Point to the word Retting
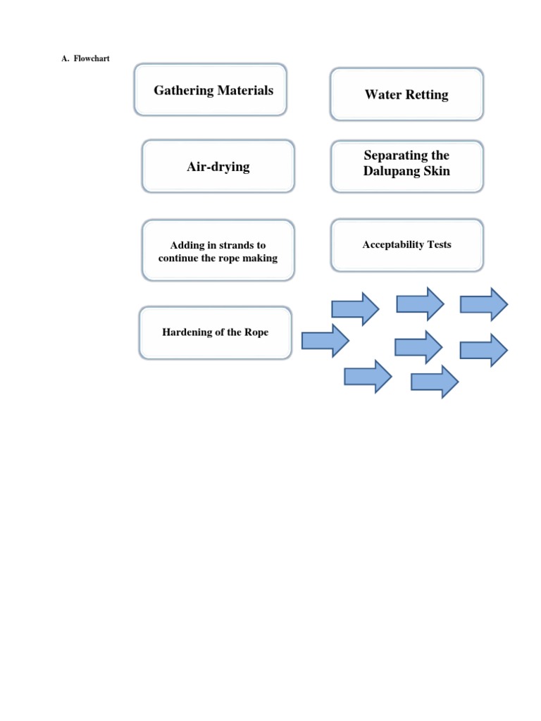tap(427, 94)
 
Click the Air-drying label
tap(218, 167)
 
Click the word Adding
tap(187, 245)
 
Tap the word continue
tap(180, 258)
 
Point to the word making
tap(259, 258)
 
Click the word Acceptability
tap(392, 244)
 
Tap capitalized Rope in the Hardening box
tap(256, 332)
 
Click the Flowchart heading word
tap(92, 58)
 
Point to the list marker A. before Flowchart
tap(66, 58)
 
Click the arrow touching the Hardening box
tap(325, 341)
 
